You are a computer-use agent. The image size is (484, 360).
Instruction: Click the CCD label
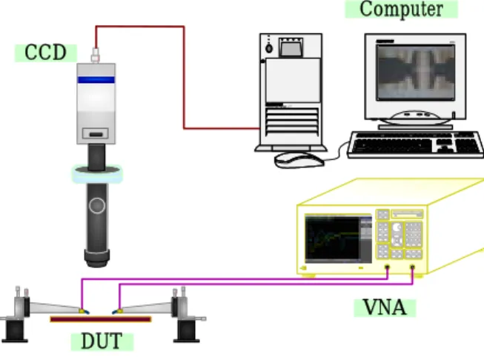[x=46, y=53]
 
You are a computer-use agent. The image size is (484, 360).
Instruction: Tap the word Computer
[x=401, y=9]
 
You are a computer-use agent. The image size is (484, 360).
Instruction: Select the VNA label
[x=385, y=307]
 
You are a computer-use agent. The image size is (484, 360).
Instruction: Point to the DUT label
[x=102, y=341]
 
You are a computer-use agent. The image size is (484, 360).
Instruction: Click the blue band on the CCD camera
[x=96, y=80]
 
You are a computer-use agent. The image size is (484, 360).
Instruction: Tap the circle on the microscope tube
[x=97, y=205]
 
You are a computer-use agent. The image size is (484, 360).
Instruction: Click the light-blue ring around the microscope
[x=97, y=175]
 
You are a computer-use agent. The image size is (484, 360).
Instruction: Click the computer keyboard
[x=416, y=144]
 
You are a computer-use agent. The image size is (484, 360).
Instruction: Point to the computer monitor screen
[x=416, y=73]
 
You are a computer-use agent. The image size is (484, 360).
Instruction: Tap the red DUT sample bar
[x=101, y=319]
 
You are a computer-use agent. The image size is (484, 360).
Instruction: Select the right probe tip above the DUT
[x=116, y=312]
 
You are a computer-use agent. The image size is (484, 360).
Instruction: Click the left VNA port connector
[x=387, y=267]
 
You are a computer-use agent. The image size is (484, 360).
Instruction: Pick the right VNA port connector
[x=412, y=267]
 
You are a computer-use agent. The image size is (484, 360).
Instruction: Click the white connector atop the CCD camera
[x=96, y=56]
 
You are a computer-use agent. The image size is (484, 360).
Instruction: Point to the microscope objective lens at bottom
[x=97, y=259]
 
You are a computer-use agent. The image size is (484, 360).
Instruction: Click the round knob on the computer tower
[x=269, y=48]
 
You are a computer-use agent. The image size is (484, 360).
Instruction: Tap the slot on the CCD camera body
[x=96, y=134]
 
